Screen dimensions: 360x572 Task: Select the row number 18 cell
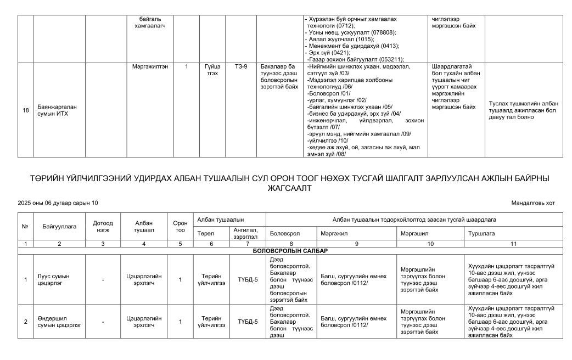pyautogui.click(x=25, y=110)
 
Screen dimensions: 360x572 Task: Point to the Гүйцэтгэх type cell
pyautogui.click(x=212, y=70)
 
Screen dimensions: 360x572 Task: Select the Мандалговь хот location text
pyautogui.click(x=532, y=203)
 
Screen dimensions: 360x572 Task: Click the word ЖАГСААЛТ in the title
pyautogui.click(x=286, y=188)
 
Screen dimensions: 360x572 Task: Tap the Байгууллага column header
pyautogui.click(x=59, y=226)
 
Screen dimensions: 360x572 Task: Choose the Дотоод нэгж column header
pyautogui.click(x=103, y=226)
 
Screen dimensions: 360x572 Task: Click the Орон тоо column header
pyautogui.click(x=180, y=226)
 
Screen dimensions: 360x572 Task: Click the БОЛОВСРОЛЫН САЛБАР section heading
pyautogui.click(x=290, y=251)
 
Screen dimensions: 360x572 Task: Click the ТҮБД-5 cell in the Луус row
pyautogui.click(x=248, y=279)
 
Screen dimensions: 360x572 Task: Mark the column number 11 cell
pyautogui.click(x=512, y=243)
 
